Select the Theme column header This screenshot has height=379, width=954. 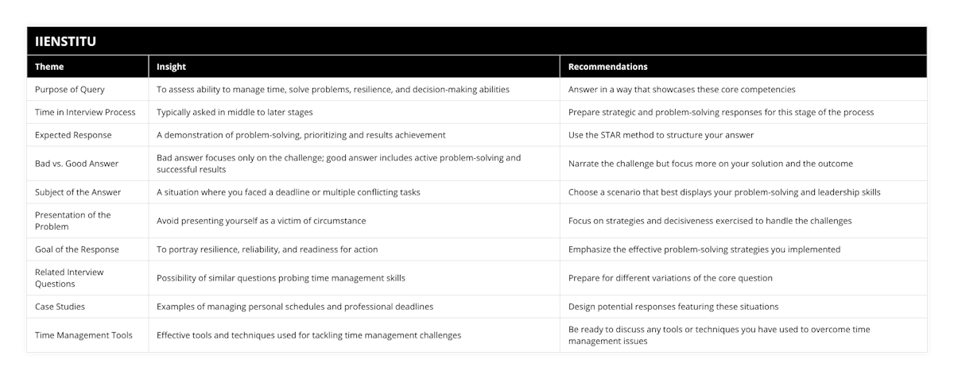click(x=49, y=67)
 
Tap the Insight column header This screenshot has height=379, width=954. click(x=171, y=67)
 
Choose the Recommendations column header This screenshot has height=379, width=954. click(x=607, y=67)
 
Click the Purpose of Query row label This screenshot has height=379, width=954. click(x=70, y=90)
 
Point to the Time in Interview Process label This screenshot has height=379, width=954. click(x=85, y=112)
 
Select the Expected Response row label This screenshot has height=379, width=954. click(x=73, y=135)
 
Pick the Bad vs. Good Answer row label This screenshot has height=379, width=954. click(x=76, y=164)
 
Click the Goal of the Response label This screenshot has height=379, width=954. click(x=77, y=249)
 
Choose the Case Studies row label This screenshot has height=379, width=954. click(x=60, y=306)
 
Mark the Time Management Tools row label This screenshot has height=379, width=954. click(x=83, y=335)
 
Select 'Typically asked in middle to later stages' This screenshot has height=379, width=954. click(x=235, y=112)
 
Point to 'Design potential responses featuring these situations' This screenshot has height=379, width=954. click(x=673, y=306)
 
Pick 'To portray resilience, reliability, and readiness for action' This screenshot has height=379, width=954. click(x=267, y=249)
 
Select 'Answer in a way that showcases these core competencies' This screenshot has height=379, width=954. click(x=681, y=90)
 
